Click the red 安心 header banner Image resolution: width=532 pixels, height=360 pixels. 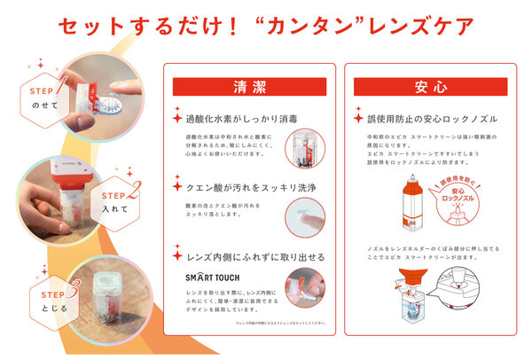point(430,87)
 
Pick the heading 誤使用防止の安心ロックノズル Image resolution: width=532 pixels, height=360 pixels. point(427,117)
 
